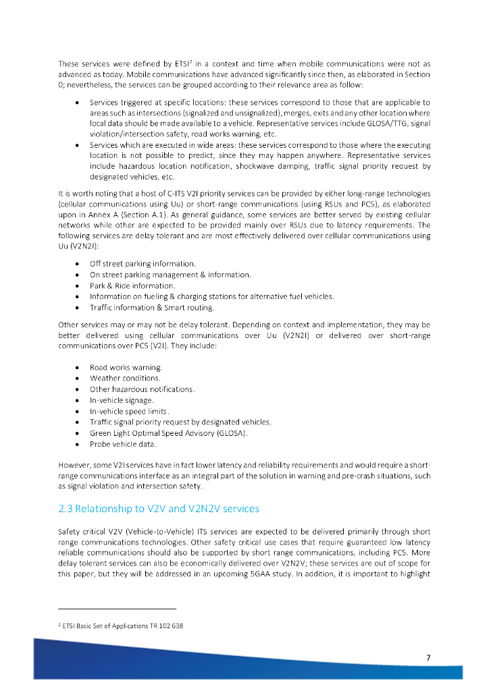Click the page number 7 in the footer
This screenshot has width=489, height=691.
coord(428,658)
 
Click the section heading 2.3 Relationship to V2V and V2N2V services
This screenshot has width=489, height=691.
coord(159,508)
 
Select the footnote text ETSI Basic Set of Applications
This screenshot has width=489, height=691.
coord(122,626)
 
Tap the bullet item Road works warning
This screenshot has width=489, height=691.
coord(126,368)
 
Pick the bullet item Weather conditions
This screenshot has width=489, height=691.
coord(125,379)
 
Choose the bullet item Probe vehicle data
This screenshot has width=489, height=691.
coord(123,444)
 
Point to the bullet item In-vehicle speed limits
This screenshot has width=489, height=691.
coord(129,411)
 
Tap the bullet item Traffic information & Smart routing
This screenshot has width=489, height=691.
coord(152,307)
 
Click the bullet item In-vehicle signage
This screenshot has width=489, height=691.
coord(122,400)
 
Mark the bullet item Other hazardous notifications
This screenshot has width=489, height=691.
coord(142,389)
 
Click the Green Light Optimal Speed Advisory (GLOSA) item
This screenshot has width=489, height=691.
coord(169,433)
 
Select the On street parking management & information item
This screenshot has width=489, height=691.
coord(170,275)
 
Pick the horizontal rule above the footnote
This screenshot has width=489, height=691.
coord(117,608)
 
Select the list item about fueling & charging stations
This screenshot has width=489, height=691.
coord(211,296)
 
